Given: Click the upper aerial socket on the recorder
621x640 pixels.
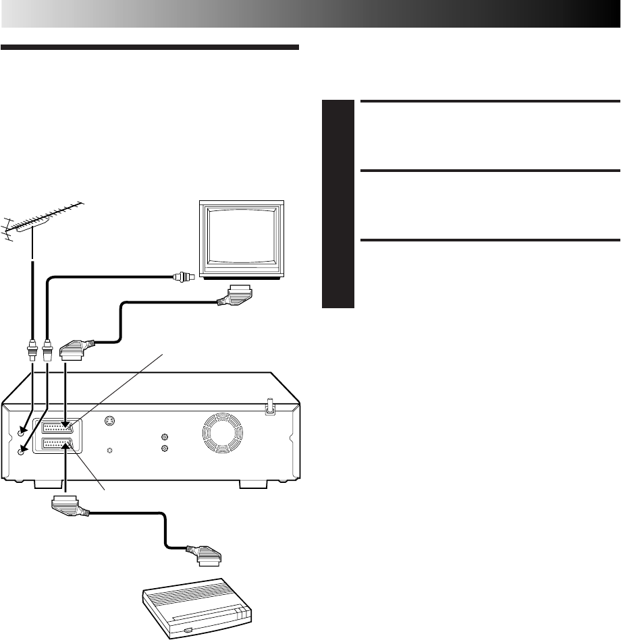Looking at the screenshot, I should click(x=24, y=429).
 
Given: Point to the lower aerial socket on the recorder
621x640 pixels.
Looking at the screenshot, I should click(x=23, y=451).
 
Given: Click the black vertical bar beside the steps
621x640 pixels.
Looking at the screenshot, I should click(x=338, y=204).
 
